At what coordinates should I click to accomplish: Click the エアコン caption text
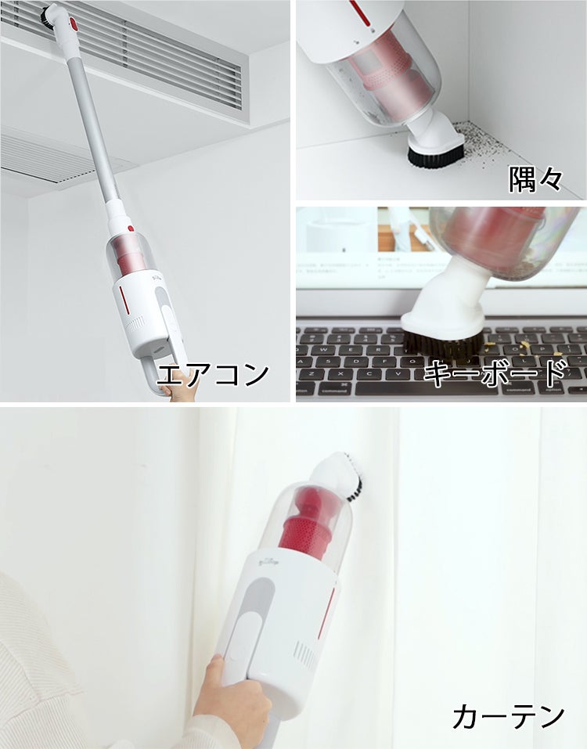point(213,374)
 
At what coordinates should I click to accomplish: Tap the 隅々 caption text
point(535,179)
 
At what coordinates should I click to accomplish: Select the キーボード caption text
point(495,373)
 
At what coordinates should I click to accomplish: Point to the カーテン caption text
point(508,716)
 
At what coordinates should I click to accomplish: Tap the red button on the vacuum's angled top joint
point(73,24)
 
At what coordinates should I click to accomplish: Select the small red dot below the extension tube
point(131,229)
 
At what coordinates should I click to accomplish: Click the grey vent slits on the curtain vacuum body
point(304,654)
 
